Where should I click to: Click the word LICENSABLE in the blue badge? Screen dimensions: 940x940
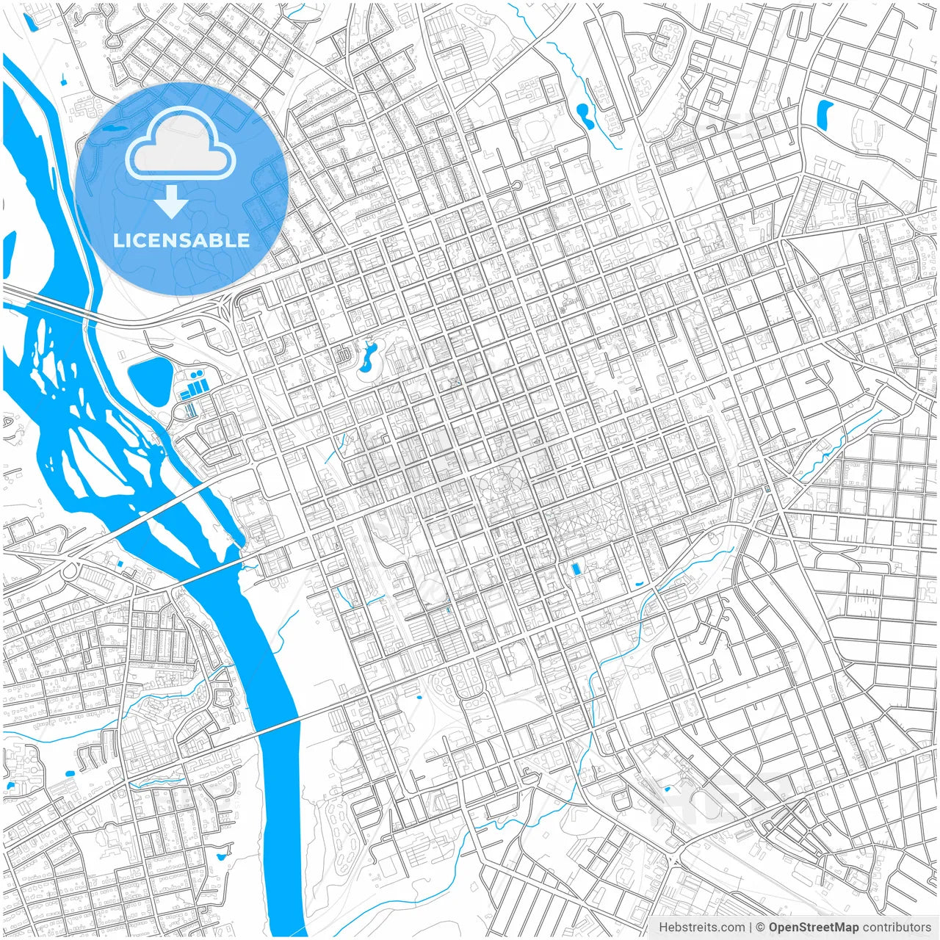tap(181, 240)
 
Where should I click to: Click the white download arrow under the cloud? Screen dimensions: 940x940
tap(172, 203)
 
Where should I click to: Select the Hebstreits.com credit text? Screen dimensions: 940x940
tap(701, 928)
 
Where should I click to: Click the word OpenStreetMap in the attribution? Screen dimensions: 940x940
tap(814, 928)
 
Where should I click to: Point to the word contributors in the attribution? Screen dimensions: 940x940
tap(897, 928)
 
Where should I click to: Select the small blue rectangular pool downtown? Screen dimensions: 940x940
tap(574, 569)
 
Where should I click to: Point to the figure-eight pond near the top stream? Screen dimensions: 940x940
tap(585, 115)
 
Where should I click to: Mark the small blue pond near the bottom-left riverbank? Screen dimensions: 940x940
tap(220, 856)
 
